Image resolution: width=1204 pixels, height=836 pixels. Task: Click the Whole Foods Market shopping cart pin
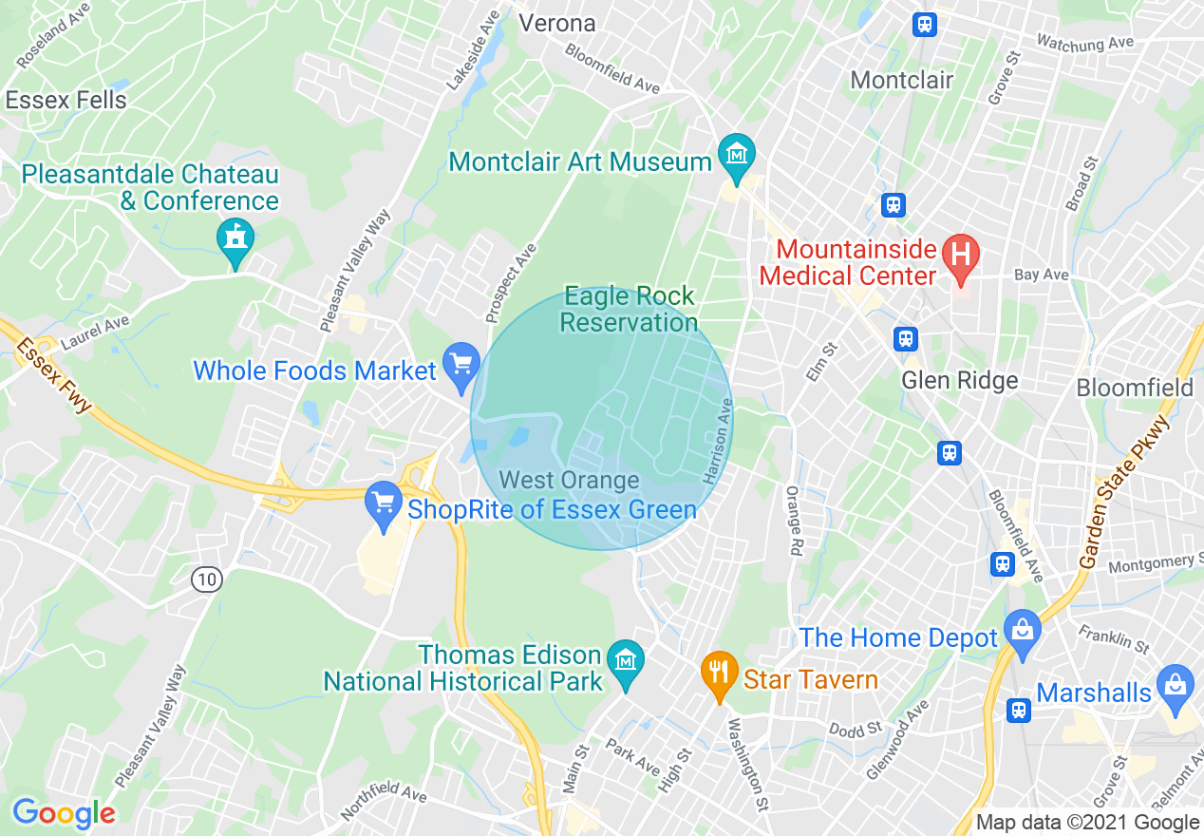461,365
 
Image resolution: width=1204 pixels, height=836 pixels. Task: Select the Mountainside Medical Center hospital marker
960,255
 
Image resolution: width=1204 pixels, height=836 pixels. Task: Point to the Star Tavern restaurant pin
720,673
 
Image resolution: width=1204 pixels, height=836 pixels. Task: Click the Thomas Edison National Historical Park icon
626,658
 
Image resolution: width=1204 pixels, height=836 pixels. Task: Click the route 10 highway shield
206,579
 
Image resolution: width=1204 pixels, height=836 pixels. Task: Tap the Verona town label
557,23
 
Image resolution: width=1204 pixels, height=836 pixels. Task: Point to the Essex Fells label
66,100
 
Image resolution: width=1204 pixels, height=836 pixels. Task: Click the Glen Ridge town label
959,381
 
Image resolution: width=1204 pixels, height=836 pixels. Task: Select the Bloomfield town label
1134,388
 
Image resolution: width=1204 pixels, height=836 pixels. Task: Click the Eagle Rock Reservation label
629,309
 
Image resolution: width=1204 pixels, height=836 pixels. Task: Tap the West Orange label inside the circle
569,481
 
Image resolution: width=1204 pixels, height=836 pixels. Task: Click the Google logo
64,813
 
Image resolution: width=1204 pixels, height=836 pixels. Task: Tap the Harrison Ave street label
719,441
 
